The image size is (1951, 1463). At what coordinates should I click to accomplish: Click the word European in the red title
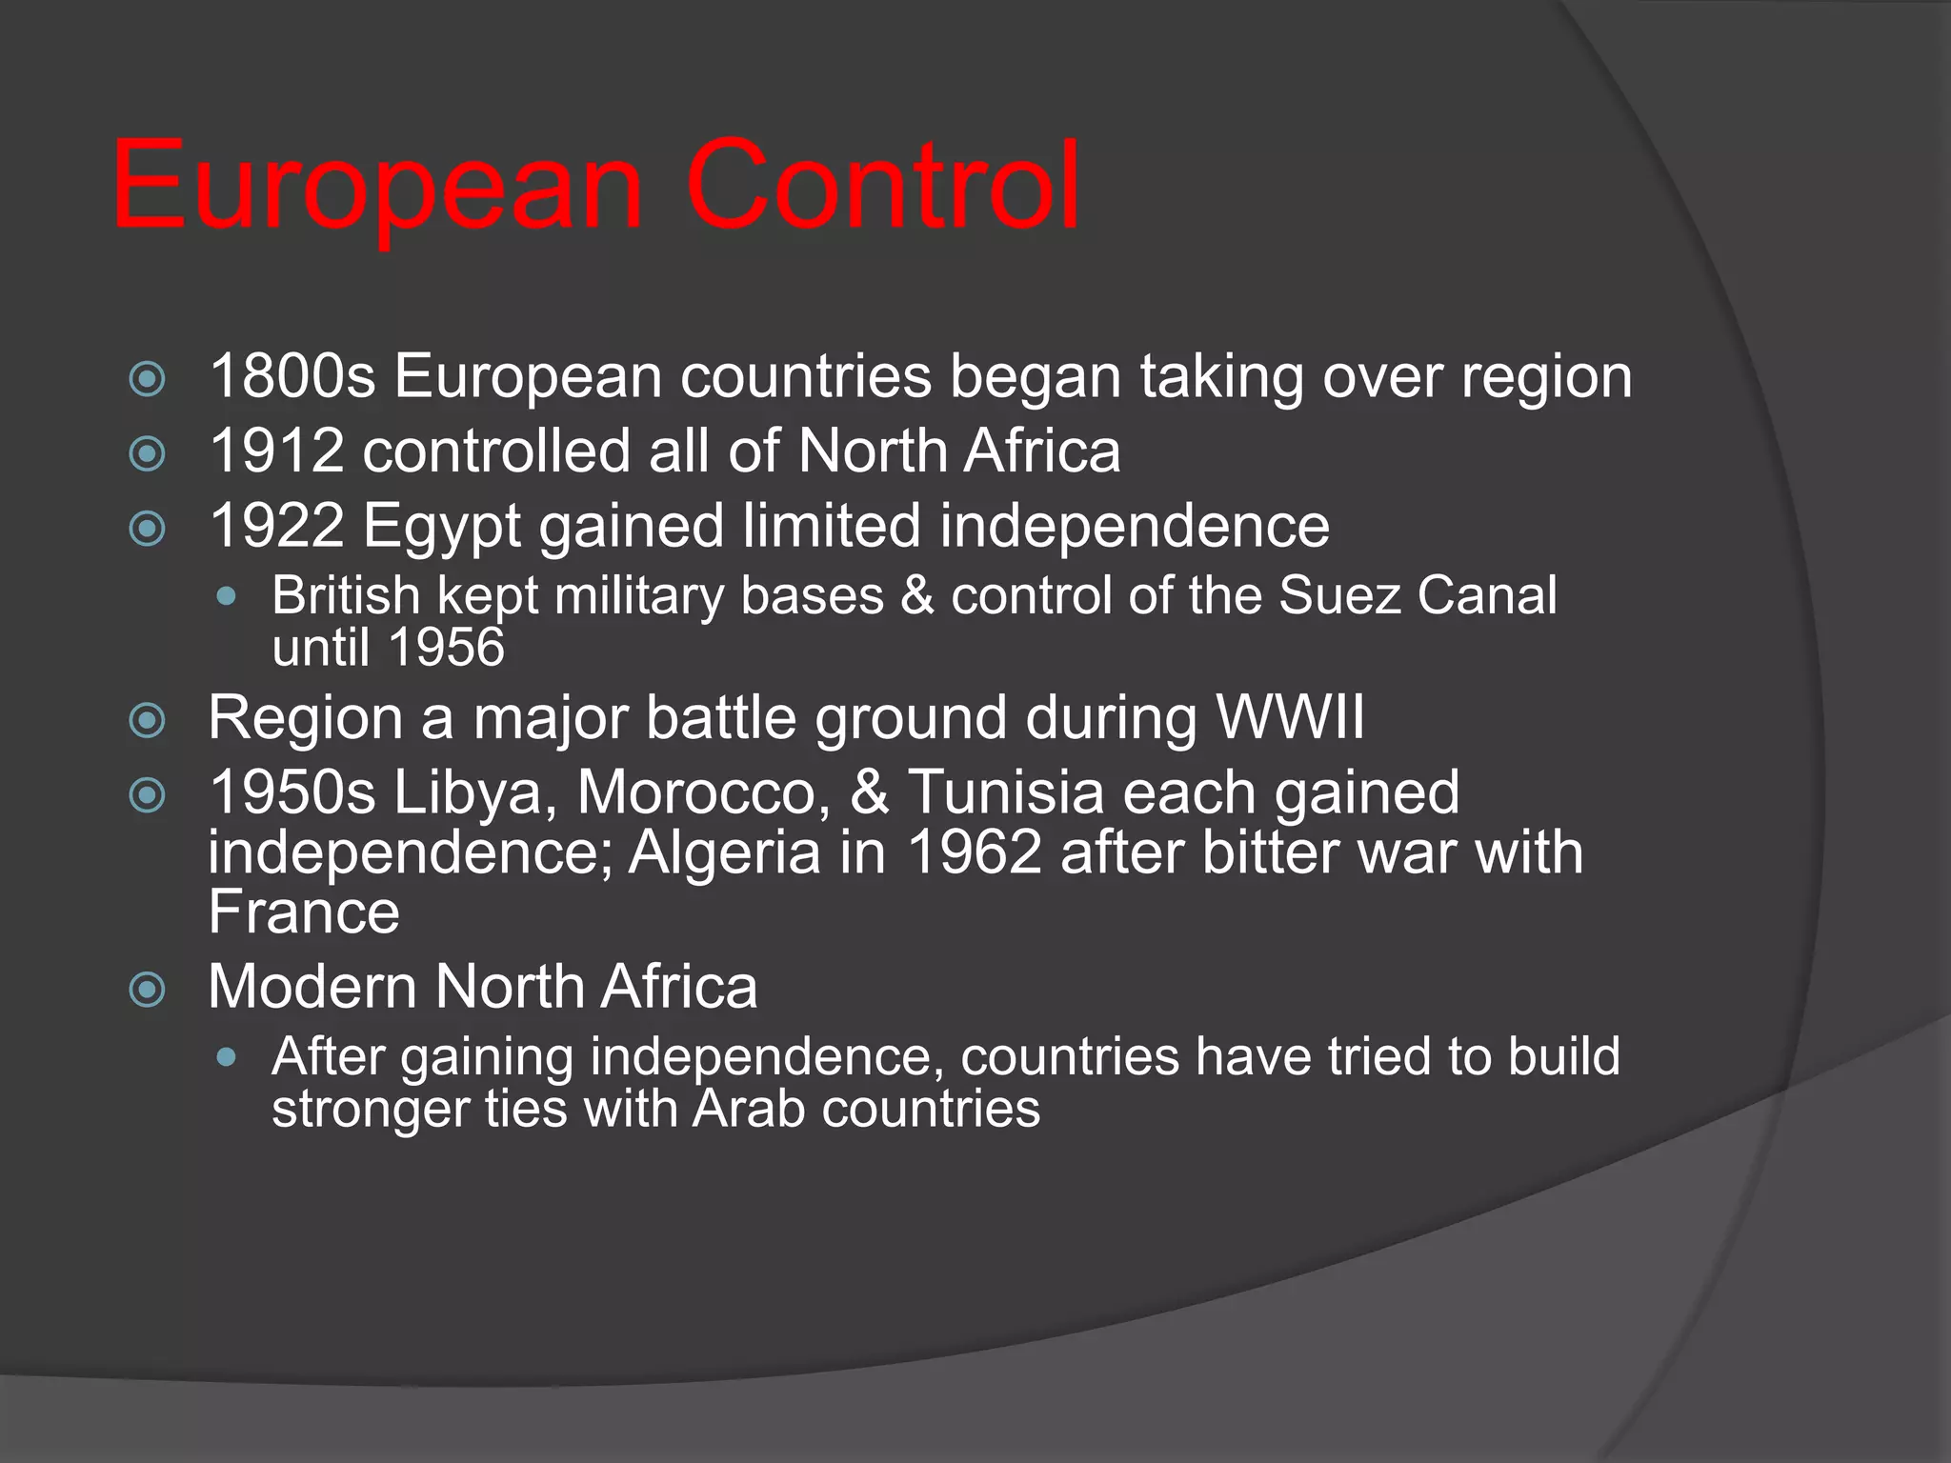(377, 187)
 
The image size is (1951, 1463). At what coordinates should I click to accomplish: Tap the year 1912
(276, 451)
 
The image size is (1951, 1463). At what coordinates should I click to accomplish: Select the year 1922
(276, 526)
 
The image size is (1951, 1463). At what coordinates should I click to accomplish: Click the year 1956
(447, 648)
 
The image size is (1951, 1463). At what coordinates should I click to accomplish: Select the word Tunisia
(1006, 793)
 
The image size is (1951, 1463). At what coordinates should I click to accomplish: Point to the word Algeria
(724, 852)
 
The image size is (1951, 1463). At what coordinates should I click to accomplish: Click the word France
(304, 912)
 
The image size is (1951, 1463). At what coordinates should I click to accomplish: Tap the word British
(346, 596)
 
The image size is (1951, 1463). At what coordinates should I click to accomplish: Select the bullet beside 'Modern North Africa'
(147, 990)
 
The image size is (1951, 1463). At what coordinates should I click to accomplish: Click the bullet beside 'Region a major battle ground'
(147, 720)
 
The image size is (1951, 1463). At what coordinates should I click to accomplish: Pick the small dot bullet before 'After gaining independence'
(226, 1057)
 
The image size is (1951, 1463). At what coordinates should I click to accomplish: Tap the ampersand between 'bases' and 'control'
(917, 596)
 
